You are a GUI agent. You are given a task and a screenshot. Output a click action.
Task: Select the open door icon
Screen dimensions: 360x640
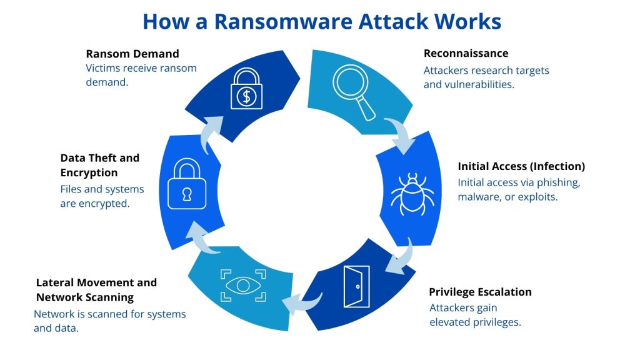pos(357,286)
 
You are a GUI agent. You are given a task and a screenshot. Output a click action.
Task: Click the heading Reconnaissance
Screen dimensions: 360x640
pos(466,53)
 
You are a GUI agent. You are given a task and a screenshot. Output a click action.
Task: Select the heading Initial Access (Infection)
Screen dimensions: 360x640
pos(521,166)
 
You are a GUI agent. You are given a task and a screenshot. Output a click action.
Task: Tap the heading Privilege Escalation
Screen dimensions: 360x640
pos(480,292)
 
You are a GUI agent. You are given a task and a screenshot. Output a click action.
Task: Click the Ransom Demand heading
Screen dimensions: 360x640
pos(132,53)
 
